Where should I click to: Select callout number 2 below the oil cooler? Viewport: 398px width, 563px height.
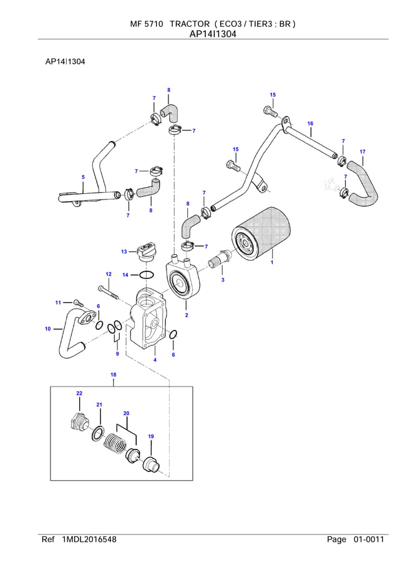[x=187, y=315]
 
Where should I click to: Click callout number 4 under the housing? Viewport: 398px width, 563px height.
[x=155, y=360]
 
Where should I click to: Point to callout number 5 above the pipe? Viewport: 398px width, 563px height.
[x=83, y=178]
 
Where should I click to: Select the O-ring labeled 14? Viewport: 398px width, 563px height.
[x=145, y=275]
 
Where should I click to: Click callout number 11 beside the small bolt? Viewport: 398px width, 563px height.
[x=57, y=302]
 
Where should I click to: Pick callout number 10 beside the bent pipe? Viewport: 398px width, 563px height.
[x=47, y=329]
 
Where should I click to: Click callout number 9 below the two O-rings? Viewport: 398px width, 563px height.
[x=117, y=354]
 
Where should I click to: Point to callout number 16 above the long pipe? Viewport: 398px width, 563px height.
[x=310, y=123]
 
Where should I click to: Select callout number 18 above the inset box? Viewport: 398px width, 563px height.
[x=114, y=374]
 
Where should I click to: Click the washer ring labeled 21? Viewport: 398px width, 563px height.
[x=99, y=433]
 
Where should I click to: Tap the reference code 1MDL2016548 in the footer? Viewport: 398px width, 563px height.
[x=89, y=539]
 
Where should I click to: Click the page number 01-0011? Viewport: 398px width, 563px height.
[x=369, y=539]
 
